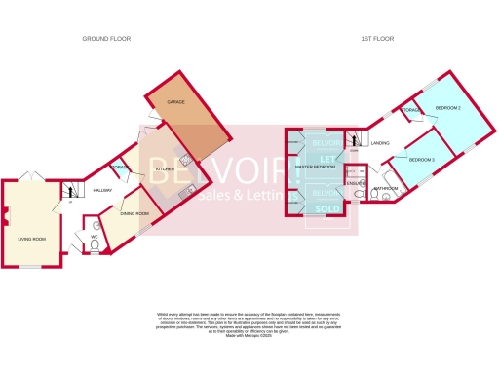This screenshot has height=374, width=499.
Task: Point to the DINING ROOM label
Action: pos(134,213)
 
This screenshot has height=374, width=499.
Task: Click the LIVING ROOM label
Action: pos(32,238)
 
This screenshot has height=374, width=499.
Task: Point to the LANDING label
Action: pos(380,143)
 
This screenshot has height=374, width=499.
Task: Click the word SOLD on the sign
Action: pos(321,207)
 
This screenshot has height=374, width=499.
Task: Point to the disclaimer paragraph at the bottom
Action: pos(249,322)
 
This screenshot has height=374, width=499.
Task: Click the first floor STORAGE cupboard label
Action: pos(412,111)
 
